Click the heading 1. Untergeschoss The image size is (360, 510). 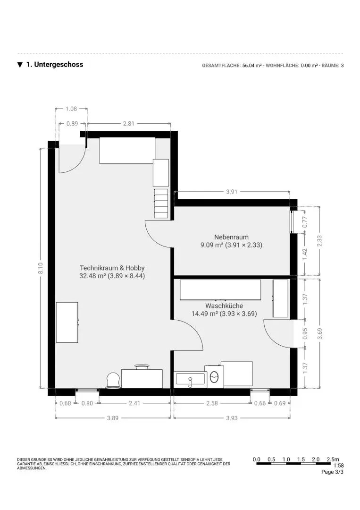pyautogui.click(x=54, y=65)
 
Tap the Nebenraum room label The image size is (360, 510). pyautogui.click(x=231, y=237)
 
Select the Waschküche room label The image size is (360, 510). pyautogui.click(x=224, y=306)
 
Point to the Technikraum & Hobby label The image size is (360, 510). pyautogui.click(x=112, y=268)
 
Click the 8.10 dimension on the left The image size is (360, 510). pyautogui.click(x=41, y=268)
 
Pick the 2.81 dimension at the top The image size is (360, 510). pyautogui.click(x=129, y=124)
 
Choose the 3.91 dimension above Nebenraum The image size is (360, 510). pyautogui.click(x=231, y=192)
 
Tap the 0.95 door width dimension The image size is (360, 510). pyautogui.click(x=305, y=334)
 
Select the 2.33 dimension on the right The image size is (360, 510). pyautogui.click(x=320, y=241)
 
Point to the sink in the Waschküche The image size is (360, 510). pyautogui.click(x=190, y=379)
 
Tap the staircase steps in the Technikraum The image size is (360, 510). pyautogui.click(x=161, y=203)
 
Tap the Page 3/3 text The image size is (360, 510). pyautogui.click(x=332, y=472)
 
